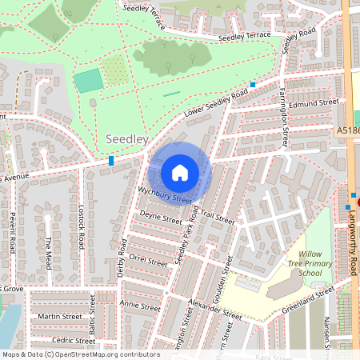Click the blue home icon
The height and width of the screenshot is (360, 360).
pos(180,172)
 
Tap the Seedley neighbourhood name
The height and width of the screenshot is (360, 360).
pos(127,139)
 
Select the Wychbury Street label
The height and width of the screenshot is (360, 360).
pos(166,194)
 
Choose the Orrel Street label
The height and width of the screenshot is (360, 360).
pos(148,260)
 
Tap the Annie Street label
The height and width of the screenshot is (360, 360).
pos(140,305)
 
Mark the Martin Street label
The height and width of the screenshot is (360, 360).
pos(61,317)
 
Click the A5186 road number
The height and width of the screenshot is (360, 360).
pos(347,130)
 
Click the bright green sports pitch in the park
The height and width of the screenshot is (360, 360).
pos(89,80)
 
